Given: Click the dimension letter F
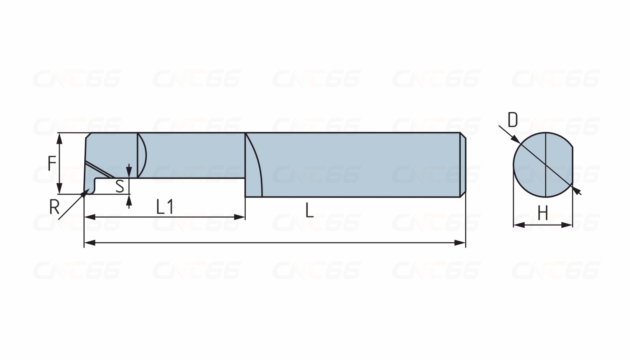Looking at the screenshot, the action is point(52,164).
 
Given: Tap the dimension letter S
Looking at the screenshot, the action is point(120,186).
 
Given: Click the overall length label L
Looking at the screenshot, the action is point(309,210).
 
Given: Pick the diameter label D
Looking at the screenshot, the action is point(513,120).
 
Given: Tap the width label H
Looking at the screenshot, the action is point(542,213).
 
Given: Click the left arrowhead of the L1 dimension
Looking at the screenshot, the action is point(90,217).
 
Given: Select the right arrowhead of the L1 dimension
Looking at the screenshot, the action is point(239,217).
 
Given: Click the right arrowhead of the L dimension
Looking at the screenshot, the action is point(460,242).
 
